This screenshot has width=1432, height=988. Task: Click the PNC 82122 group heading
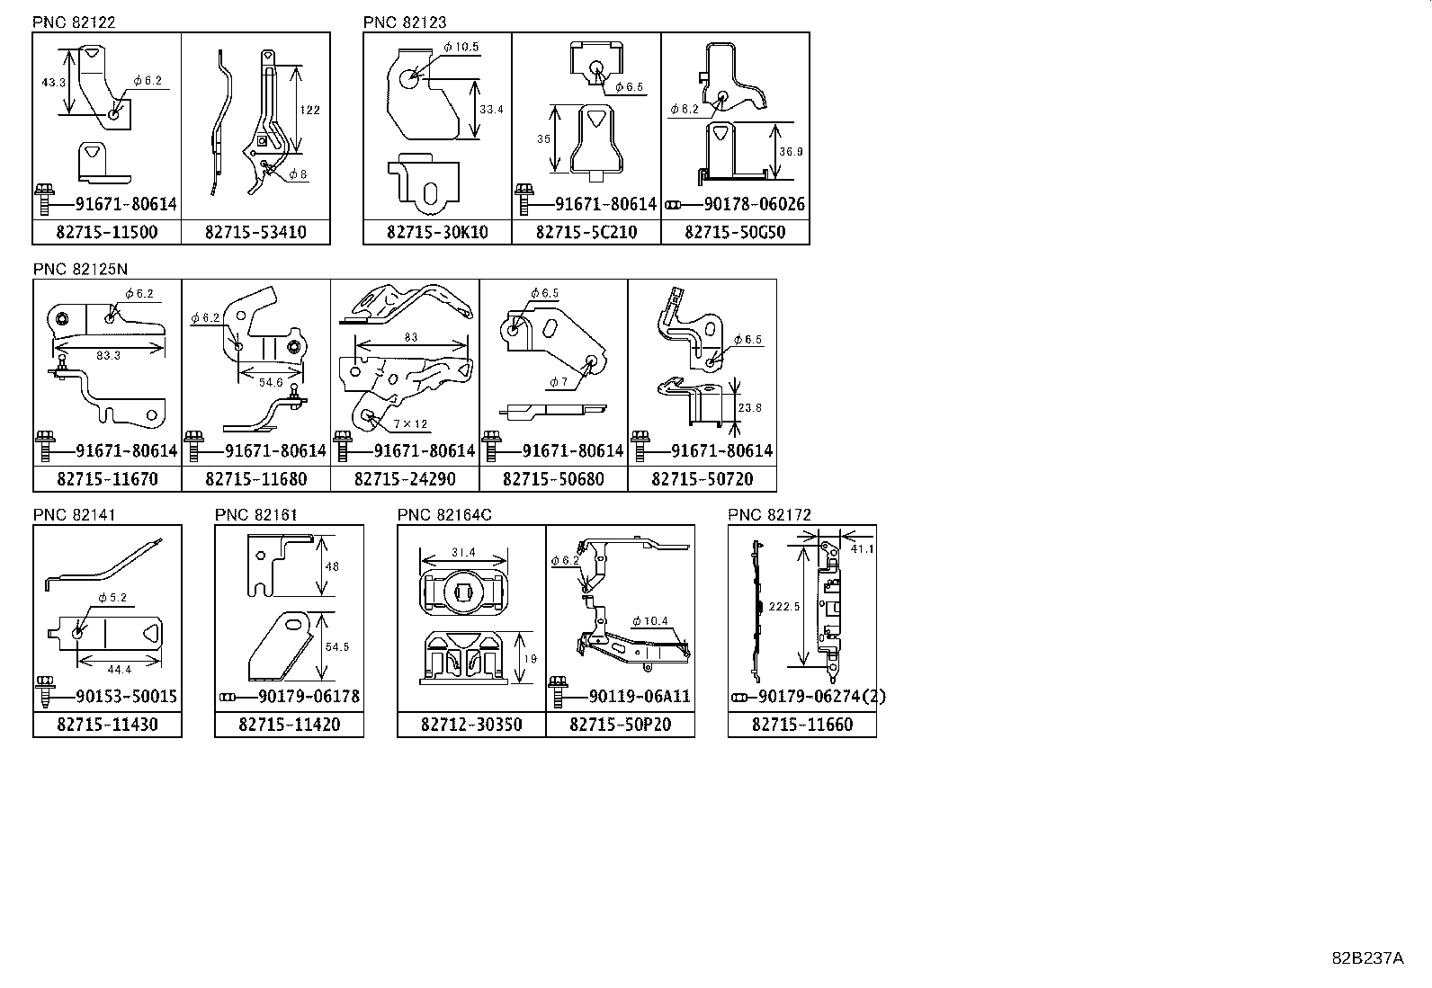(74, 22)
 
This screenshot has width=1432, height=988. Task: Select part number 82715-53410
(255, 232)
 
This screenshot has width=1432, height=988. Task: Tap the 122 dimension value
(309, 110)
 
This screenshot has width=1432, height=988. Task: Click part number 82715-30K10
(437, 232)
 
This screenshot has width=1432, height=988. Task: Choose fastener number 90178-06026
(743, 205)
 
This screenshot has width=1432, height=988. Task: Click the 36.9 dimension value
(792, 152)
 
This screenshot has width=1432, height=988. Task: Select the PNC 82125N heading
(79, 269)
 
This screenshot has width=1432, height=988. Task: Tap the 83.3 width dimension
(108, 355)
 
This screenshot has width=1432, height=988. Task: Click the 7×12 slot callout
(410, 423)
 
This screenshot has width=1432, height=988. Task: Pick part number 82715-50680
(553, 479)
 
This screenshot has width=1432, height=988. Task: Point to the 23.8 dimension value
(749, 407)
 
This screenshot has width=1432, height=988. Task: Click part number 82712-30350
(471, 725)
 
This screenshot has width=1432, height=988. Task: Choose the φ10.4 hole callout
(649, 621)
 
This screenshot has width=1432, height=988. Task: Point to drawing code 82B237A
(1367, 957)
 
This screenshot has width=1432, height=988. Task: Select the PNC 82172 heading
(769, 515)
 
